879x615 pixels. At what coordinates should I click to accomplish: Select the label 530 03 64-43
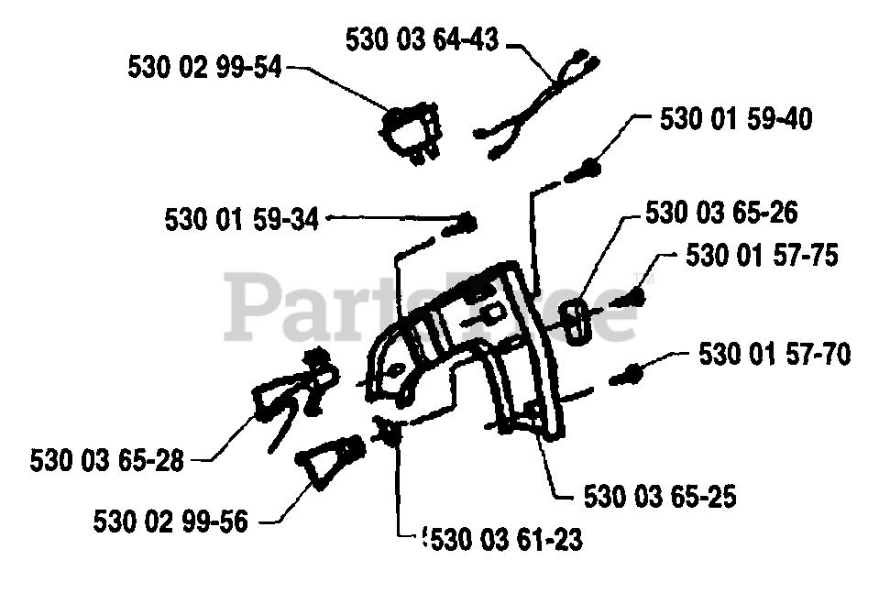tap(422, 40)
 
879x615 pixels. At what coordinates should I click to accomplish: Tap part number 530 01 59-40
tap(735, 119)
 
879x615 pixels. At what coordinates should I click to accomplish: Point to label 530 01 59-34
tap(242, 219)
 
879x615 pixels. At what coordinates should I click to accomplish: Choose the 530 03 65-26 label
tap(721, 213)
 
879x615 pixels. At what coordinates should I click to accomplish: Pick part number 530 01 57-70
tap(775, 354)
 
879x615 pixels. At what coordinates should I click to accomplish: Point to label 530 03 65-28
tap(106, 459)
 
